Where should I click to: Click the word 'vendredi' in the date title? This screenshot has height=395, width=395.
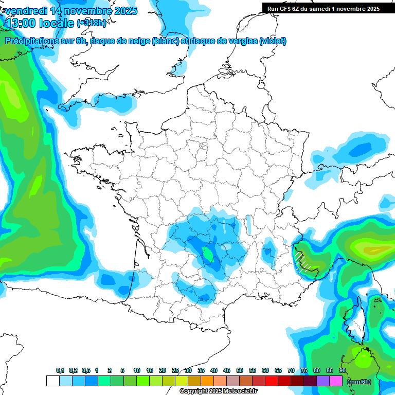(26, 10)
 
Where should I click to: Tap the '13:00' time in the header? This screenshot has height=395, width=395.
(21, 23)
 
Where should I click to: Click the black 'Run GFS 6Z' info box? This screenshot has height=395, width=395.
(321, 8)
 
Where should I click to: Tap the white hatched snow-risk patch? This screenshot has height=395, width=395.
(303, 261)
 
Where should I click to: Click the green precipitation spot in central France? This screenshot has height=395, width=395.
(208, 254)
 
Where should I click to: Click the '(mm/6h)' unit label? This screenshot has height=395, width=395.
(359, 382)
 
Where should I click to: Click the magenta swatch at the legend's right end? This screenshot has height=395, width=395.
(336, 381)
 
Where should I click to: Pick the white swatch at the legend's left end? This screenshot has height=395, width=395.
(52, 381)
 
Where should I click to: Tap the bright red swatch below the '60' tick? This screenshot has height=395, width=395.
(272, 381)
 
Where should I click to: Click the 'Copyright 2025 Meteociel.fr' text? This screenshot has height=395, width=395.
(218, 391)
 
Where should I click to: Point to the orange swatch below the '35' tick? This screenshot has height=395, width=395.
(207, 381)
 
